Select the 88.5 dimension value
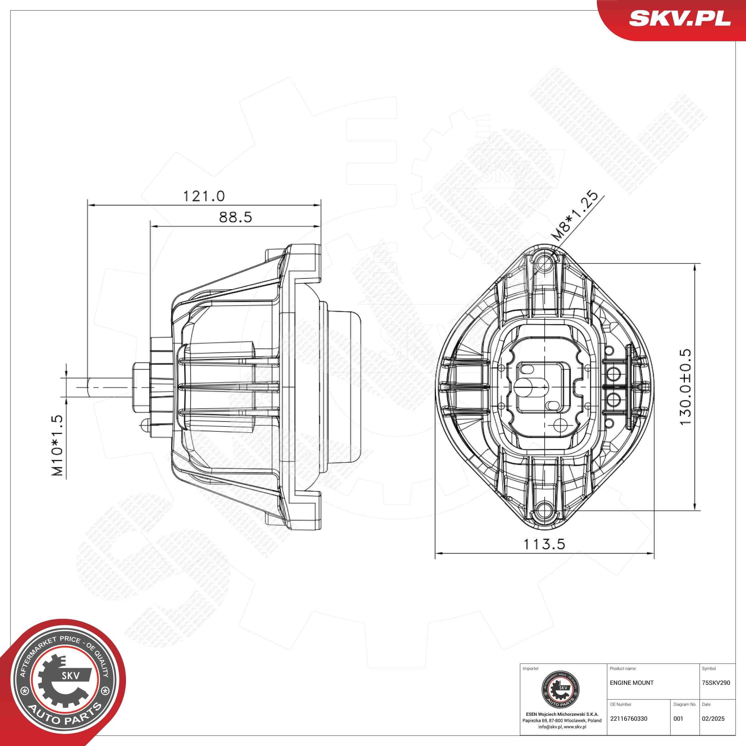pos(235,218)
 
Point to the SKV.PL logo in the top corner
pos(679,19)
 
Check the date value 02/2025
pos(713,719)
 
